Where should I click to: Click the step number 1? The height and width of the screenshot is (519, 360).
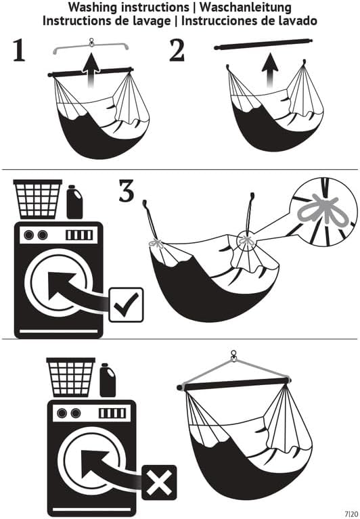pyautogui.click(x=20, y=51)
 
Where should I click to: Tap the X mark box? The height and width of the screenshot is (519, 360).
pyautogui.click(x=158, y=482)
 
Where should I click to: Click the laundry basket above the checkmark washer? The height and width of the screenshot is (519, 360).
pyautogui.click(x=38, y=199)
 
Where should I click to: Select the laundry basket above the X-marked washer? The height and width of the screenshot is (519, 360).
pyautogui.click(x=70, y=377)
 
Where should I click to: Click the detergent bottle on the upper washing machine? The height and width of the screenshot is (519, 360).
pyautogui.click(x=74, y=202)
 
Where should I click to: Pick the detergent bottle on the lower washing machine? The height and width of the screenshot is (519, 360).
pyautogui.click(x=108, y=380)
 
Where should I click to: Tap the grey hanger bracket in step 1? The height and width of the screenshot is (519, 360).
pyautogui.click(x=91, y=47)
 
